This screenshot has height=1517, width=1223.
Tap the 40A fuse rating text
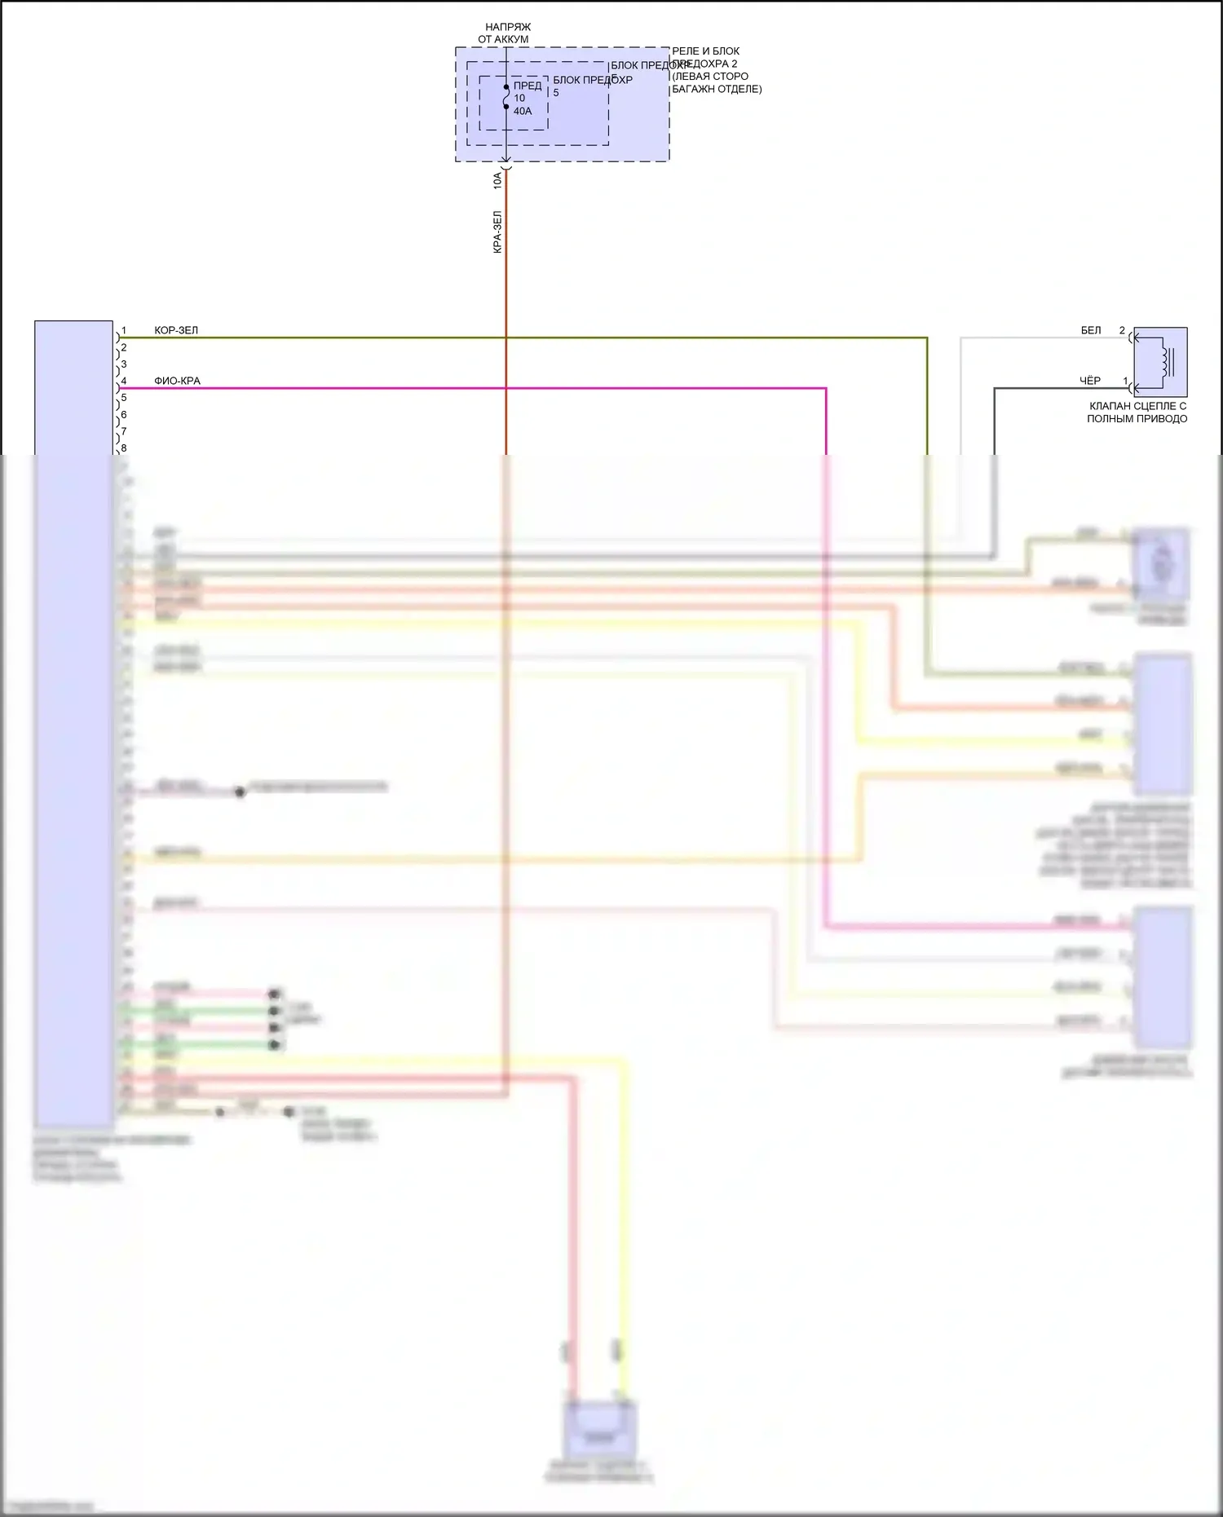(x=523, y=111)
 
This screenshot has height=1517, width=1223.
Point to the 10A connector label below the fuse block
(x=497, y=180)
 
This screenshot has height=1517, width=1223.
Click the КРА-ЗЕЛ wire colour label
(x=497, y=232)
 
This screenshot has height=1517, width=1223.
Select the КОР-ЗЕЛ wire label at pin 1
(x=176, y=330)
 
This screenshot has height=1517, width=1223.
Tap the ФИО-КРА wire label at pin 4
(x=177, y=381)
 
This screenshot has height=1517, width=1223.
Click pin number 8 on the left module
(x=124, y=448)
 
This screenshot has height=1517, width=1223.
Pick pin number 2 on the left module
(x=124, y=348)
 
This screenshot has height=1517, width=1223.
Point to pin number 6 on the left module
(x=124, y=415)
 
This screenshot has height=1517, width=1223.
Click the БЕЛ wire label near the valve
(x=1090, y=330)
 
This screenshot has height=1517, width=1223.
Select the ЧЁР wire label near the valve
(x=1089, y=381)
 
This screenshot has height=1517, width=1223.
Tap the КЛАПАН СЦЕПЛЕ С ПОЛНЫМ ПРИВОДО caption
(x=1137, y=412)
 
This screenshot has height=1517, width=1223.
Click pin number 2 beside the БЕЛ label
(x=1122, y=330)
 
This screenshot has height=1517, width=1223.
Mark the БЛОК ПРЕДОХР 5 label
(x=593, y=86)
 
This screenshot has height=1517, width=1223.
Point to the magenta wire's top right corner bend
(x=826, y=389)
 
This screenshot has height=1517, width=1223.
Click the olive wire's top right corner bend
(x=927, y=337)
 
